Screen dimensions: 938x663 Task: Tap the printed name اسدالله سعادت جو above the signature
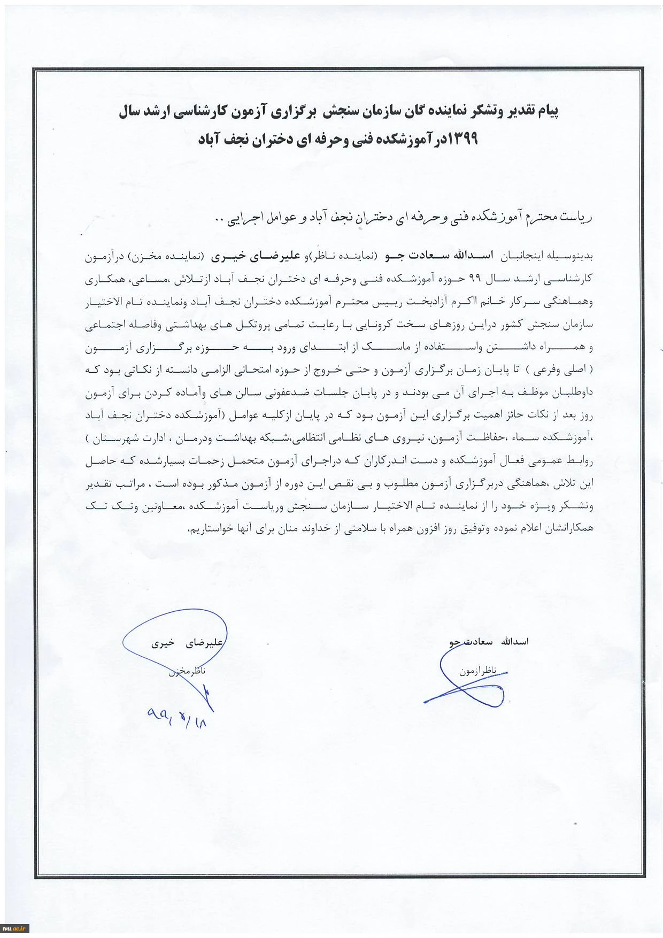point(489,641)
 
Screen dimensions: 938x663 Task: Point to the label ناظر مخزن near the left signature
point(187,671)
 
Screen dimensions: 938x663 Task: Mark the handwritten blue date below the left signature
point(177,716)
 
